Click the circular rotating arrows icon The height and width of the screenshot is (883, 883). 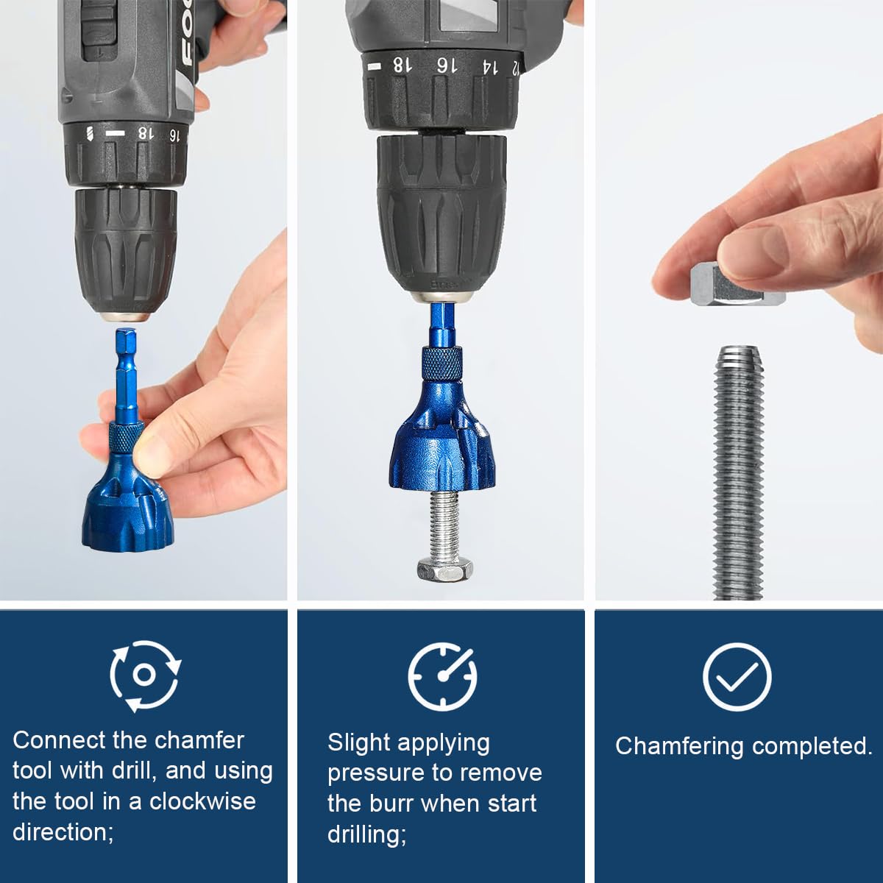click(x=145, y=675)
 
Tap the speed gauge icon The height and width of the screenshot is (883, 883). click(x=442, y=675)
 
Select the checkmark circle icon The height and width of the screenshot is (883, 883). click(x=737, y=675)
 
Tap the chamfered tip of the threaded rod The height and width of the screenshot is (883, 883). click(x=738, y=358)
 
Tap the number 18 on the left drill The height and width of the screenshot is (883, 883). click(x=146, y=133)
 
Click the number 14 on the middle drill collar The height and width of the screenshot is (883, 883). click(x=487, y=66)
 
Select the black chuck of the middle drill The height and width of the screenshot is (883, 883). click(x=441, y=213)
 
